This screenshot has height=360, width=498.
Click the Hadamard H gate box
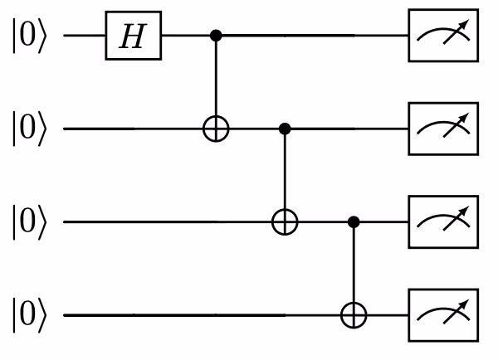[x=133, y=37]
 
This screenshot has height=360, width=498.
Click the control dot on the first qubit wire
[x=217, y=36]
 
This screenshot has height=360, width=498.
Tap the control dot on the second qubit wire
[x=286, y=129]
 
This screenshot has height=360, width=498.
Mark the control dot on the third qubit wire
[x=356, y=222]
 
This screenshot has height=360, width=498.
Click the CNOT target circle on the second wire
[x=217, y=129]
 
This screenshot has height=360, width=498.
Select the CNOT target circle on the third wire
[x=286, y=222]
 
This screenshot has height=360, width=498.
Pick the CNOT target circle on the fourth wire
[x=356, y=315]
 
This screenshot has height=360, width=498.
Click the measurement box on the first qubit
[x=443, y=37]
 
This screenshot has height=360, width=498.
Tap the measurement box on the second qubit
[x=443, y=129]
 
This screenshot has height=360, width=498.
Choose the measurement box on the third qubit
[x=443, y=222]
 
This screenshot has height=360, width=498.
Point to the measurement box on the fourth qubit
[x=443, y=315]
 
